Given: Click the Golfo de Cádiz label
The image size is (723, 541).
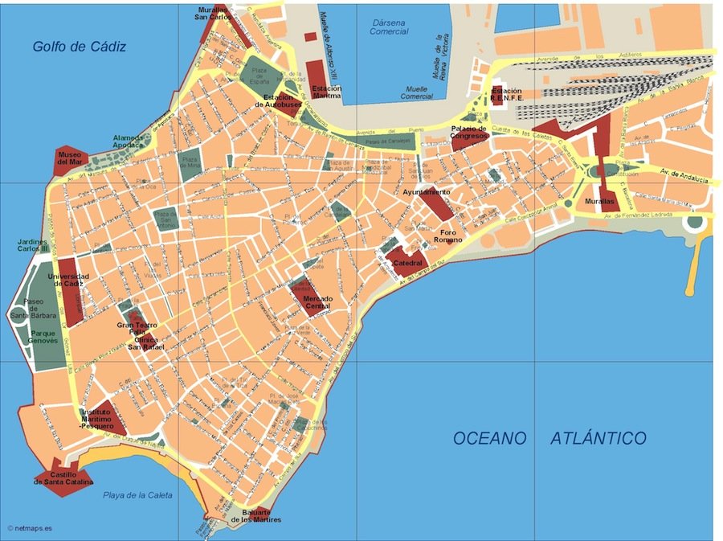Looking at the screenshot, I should coord(80,47).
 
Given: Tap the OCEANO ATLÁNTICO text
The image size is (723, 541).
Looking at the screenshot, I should coord(549,438).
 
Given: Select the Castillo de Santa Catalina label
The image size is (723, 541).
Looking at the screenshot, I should coord(63,477).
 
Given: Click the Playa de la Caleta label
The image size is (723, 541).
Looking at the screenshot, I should coord(138,495).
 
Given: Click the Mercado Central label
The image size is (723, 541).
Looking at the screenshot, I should coord(317,303).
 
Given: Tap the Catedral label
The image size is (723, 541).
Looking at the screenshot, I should coord(407,262).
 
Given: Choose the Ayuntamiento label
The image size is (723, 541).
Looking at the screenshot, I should coord(426,193).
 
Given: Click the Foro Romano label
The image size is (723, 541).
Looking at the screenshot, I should coord(448,236).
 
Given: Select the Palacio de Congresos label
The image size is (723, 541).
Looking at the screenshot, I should coord(468,133).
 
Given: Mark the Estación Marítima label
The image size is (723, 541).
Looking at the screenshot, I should coord(325,92).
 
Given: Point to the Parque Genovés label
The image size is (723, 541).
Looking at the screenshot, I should coord(44,336).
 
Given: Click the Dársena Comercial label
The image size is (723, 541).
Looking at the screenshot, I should coord(389,27).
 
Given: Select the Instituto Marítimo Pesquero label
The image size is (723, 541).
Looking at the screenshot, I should coord(102,419).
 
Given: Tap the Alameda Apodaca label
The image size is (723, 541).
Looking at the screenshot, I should coord(129,141).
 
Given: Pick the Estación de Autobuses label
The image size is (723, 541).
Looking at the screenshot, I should coord(278,100).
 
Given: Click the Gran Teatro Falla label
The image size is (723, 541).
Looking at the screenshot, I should coord(137,329).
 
